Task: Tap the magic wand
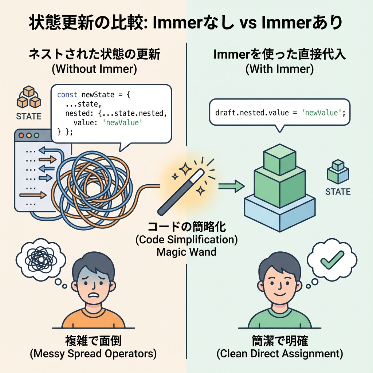181,192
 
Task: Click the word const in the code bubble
67,95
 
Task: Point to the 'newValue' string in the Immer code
321,112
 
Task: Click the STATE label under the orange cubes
29,117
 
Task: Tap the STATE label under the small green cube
338,192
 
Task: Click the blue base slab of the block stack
279,209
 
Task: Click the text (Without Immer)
94,69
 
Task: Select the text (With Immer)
279,69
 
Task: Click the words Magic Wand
186,251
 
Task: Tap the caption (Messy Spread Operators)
93,353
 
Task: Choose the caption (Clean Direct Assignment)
279,353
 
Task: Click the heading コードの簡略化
186,227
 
